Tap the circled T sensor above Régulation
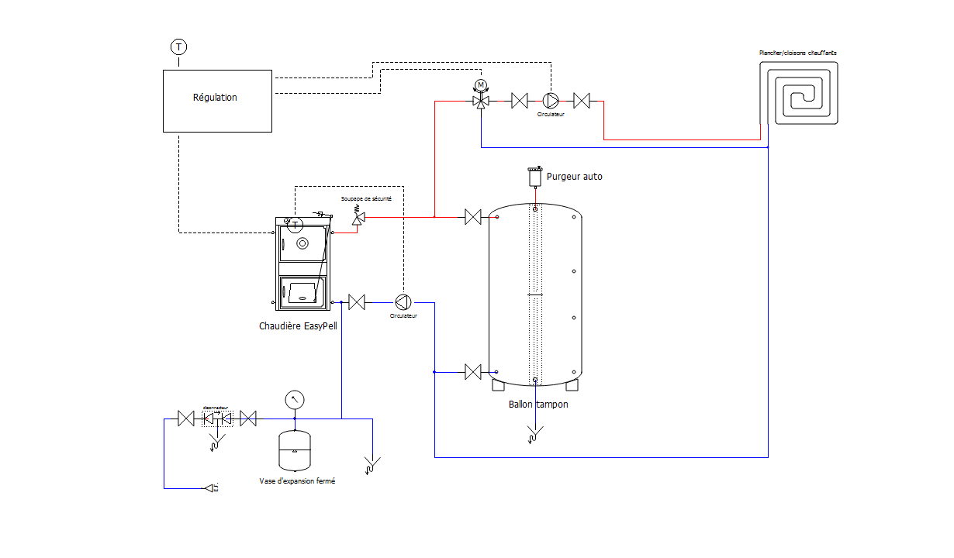pos(179,47)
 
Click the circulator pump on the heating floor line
pos(551,101)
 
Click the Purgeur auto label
pos(574,177)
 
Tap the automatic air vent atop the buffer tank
pos(534,177)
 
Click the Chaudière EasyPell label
pos(298,326)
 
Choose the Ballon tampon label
pos(538,405)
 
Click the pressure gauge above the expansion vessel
pos(295,401)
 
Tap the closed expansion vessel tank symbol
pos(295,450)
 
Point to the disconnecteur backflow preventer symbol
pos(217,419)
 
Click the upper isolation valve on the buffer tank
pos(472,217)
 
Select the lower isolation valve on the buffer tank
pos(472,372)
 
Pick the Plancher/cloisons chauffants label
pos(797,53)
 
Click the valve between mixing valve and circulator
pos(520,101)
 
